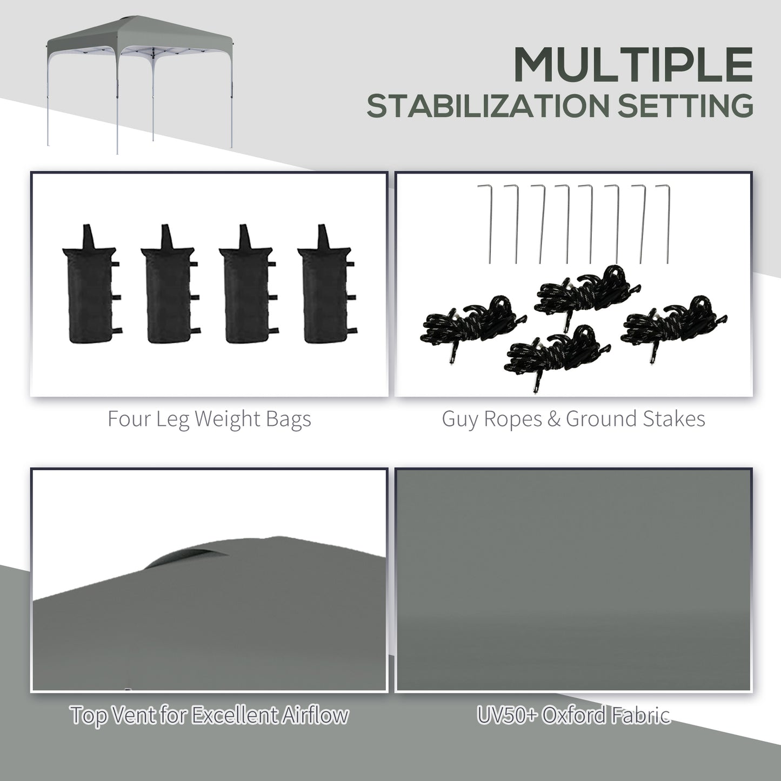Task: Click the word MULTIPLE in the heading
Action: (633, 65)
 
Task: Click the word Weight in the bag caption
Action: (230, 419)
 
